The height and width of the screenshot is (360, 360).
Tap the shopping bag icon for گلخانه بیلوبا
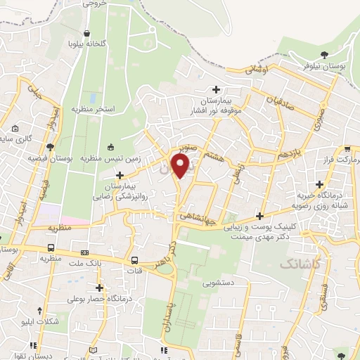86,33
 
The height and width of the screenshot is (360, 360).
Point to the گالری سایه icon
15,129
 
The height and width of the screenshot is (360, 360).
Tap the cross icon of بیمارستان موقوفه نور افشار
217,89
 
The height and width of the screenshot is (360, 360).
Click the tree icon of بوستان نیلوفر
323,54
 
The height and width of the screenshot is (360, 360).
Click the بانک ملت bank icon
85,252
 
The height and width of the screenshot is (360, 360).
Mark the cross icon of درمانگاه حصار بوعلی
100,287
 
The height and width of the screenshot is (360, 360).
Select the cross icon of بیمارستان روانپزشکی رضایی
120,175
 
